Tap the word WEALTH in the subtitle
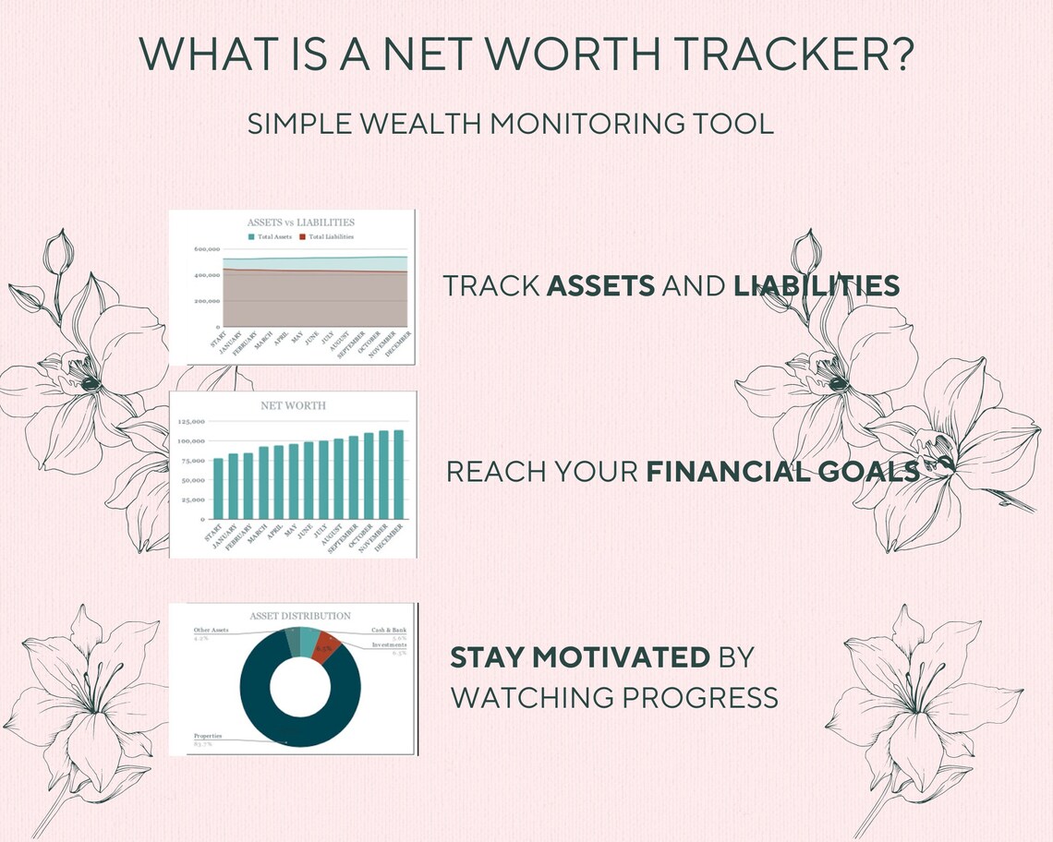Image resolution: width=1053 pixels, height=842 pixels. tap(410, 124)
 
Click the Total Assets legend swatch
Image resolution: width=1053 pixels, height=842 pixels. tap(252, 237)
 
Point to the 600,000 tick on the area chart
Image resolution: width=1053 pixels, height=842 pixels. tap(207, 249)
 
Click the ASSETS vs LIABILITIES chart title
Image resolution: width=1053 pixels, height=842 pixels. tap(301, 223)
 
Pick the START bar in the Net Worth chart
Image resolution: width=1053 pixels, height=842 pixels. tap(218, 487)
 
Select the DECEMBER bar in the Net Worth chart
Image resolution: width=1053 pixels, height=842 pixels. tap(399, 474)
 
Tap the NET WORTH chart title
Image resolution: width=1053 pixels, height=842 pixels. tap(294, 405)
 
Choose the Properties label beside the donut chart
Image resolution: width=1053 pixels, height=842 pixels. tap(208, 736)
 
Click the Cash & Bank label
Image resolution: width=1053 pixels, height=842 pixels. tap(389, 630)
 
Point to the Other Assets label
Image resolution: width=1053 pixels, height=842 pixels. tap(212, 630)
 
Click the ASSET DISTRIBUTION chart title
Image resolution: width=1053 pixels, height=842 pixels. tap(300, 616)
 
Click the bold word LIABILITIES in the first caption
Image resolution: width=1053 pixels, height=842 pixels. tap(816, 286)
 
